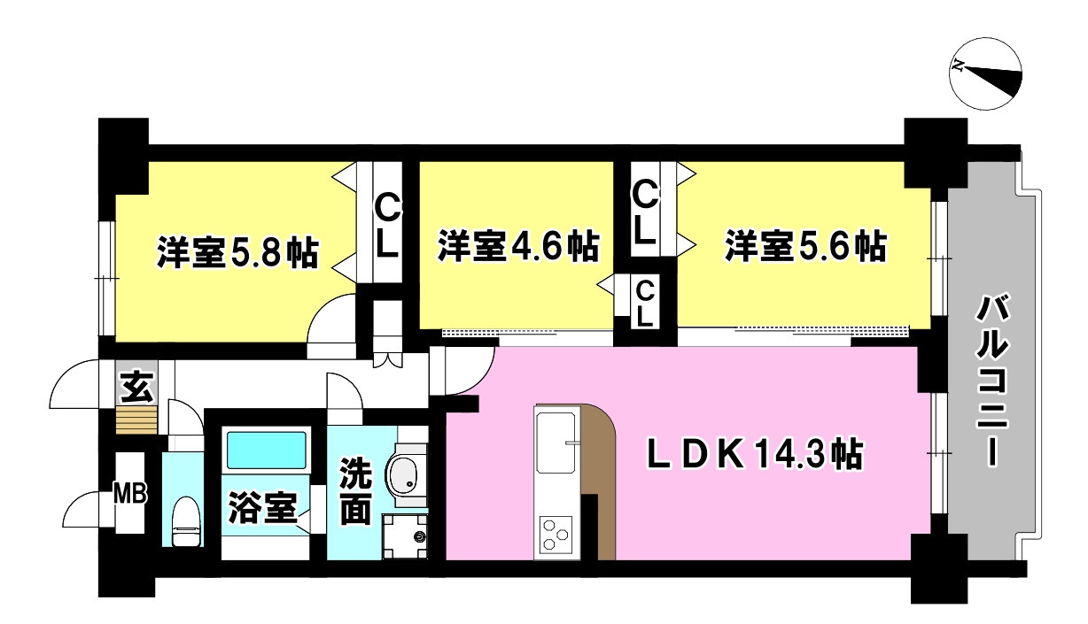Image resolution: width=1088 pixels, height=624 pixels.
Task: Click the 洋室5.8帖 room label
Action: tap(237, 252)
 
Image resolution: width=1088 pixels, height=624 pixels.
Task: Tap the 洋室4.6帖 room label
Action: tap(518, 246)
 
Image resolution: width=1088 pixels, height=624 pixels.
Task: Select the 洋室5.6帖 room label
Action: tap(806, 246)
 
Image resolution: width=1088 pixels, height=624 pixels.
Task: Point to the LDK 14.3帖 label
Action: tap(755, 454)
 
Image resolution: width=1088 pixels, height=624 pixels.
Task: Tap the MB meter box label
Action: tap(130, 495)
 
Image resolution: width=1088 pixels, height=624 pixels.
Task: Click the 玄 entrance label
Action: tap(136, 387)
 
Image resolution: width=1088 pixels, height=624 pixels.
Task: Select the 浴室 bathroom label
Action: tap(263, 507)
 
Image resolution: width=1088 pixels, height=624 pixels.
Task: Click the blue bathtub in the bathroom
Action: tap(267, 450)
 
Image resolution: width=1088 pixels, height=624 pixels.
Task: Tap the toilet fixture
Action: tap(185, 521)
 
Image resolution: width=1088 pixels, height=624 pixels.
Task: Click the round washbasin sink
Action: tap(402, 476)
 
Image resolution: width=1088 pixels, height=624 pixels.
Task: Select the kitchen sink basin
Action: tap(556, 442)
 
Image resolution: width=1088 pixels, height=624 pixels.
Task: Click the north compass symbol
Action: tap(986, 73)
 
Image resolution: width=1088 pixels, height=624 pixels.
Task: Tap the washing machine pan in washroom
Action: tap(405, 535)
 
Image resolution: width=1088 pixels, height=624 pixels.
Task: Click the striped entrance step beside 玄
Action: tap(136, 420)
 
